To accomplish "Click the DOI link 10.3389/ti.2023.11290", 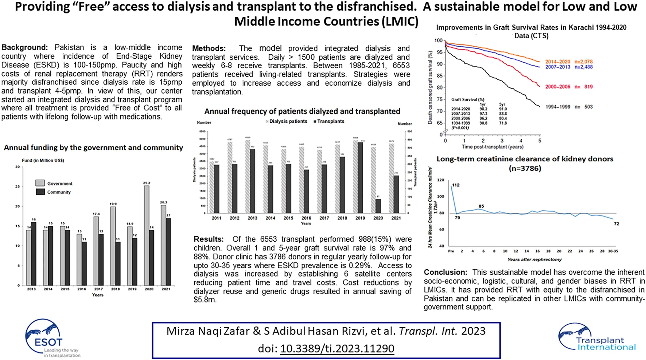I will click(x=337, y=349).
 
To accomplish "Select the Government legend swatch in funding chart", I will click(x=40, y=183).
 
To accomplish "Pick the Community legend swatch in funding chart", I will click(x=40, y=192).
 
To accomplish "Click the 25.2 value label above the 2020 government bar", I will click(x=147, y=183).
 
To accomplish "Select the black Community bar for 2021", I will click(x=168, y=251).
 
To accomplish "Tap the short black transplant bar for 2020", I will click(x=378, y=206).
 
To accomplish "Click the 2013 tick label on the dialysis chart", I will click(x=252, y=218).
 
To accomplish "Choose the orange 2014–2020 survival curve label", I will click(x=557, y=62).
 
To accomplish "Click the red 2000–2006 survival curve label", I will click(x=557, y=87).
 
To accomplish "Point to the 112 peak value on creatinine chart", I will click(x=456, y=185).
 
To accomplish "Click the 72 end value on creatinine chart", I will click(x=616, y=224).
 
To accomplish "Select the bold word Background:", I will click(x=24, y=47).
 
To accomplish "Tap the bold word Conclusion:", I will click(x=445, y=272).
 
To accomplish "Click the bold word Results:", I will click(x=209, y=239).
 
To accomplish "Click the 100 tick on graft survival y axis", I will click(x=438, y=40).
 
